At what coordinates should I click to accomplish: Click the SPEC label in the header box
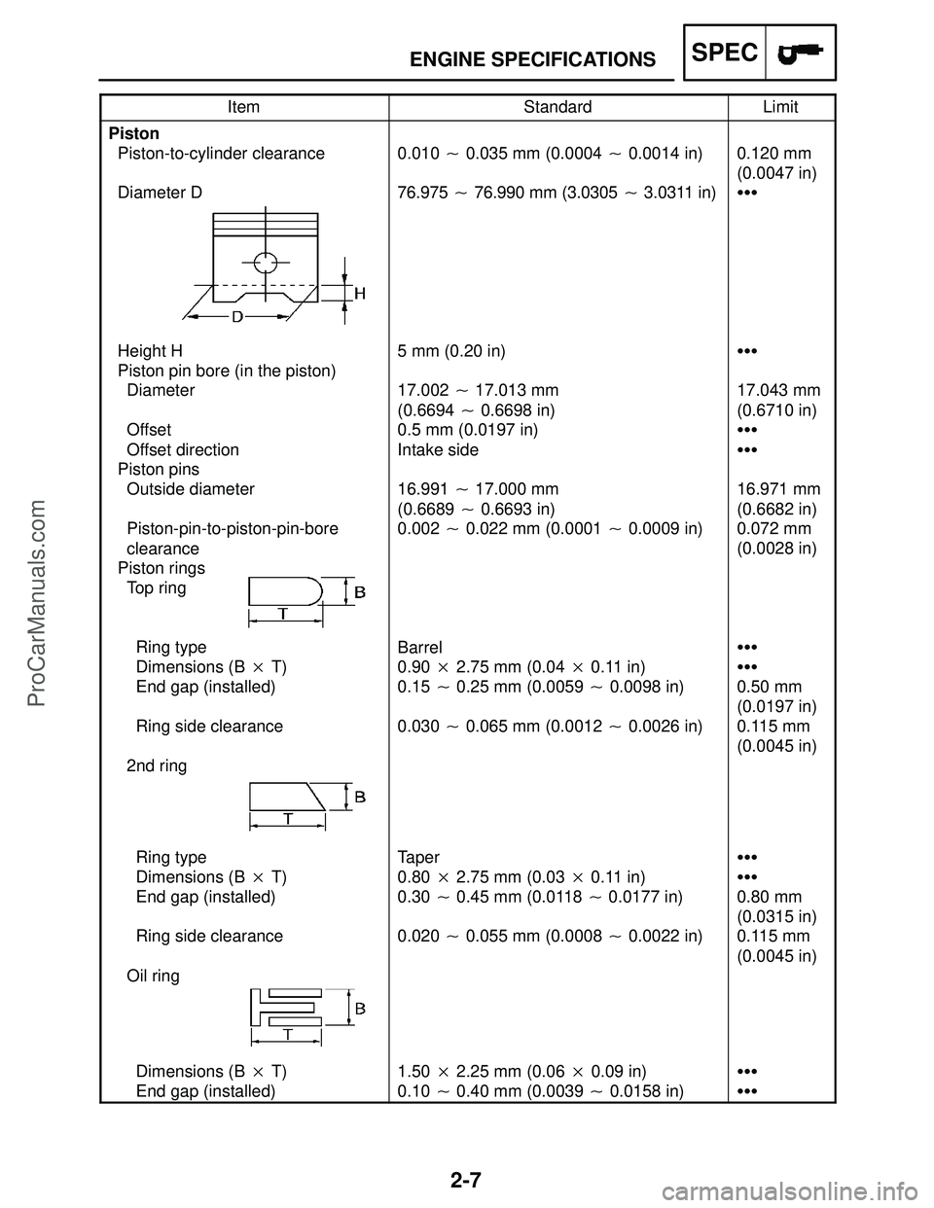[726, 53]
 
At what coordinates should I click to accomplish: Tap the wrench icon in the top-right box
[802, 53]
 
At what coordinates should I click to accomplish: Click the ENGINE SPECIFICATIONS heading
[532, 60]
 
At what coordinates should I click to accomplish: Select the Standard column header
[557, 107]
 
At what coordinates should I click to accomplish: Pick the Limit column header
[780, 107]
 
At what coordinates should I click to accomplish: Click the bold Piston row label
[134, 133]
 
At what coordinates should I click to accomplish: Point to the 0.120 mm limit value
[774, 154]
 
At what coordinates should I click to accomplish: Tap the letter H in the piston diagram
[359, 292]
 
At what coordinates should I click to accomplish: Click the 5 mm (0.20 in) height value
[451, 350]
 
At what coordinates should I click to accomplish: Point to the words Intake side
[438, 449]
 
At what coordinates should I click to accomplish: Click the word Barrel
[419, 647]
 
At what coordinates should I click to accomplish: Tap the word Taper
[418, 857]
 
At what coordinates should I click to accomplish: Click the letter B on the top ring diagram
[359, 590]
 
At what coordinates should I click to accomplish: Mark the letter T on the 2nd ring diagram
[289, 819]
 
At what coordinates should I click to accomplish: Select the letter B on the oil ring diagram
[359, 1009]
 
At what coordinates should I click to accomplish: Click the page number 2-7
[467, 1182]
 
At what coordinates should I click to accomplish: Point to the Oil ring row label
[154, 975]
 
